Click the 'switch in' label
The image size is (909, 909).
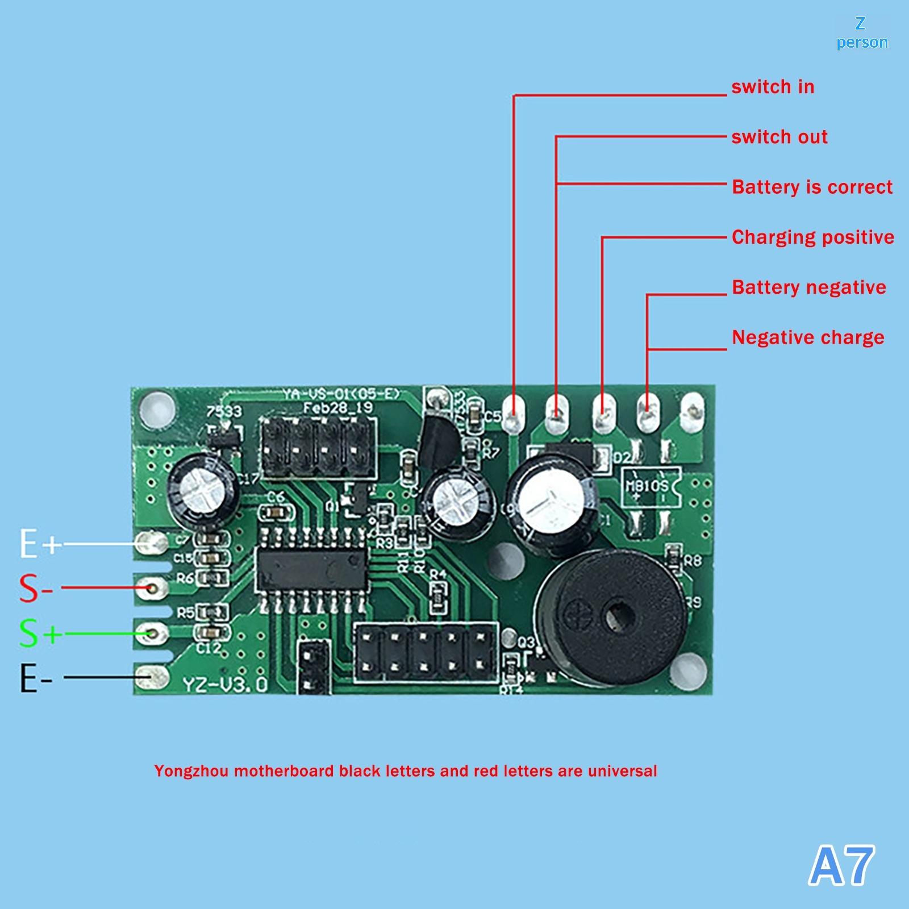(773, 87)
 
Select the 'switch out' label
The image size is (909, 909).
(779, 137)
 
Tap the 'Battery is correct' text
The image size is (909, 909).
(812, 187)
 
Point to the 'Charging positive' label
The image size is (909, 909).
(812, 237)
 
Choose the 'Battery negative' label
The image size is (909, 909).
(808, 287)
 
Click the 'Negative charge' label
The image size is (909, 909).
(808, 337)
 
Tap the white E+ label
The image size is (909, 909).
(39, 544)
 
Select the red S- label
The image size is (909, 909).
(35, 589)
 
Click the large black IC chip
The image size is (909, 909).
(311, 570)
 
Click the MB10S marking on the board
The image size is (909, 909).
(647, 486)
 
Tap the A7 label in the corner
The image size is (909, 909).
(841, 865)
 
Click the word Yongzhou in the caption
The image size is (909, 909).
(191, 771)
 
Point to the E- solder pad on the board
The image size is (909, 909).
(151, 677)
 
